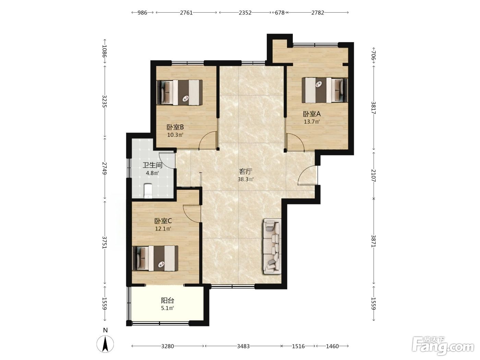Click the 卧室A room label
pos(312,114)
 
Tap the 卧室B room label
pos(175,127)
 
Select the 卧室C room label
pos(163,221)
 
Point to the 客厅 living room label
pos(245,171)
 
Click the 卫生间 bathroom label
pos(153,165)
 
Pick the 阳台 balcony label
pos(168,301)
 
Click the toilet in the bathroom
pos(148,191)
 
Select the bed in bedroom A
pos(325,90)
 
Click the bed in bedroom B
pos(180,93)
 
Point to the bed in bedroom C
pos(155,258)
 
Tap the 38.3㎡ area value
pos(245,179)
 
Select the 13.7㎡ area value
pos(312,122)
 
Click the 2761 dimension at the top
pos(186,13)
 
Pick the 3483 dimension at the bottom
pos(243,346)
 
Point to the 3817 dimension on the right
pos(373,108)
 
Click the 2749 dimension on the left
pos(105,168)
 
